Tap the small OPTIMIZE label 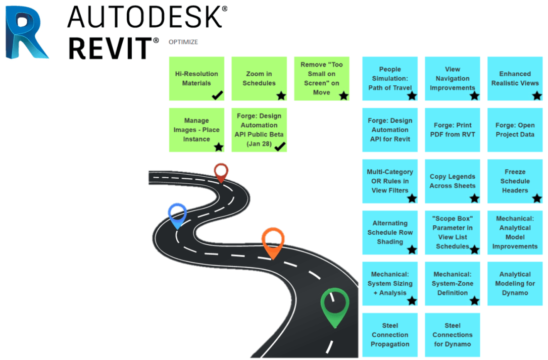click(x=183, y=42)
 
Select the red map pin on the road click(x=221, y=172)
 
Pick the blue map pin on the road click(x=177, y=214)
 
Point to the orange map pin click(x=273, y=241)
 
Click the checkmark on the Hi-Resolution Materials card click(x=218, y=94)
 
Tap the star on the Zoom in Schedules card click(x=281, y=95)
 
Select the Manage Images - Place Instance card click(x=196, y=130)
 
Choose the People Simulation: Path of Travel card click(x=390, y=78)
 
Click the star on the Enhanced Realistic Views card click(x=536, y=95)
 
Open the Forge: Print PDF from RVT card click(x=452, y=130)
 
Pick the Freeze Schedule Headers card click(x=515, y=181)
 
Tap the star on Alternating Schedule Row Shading click(x=412, y=249)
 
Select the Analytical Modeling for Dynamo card click(x=515, y=283)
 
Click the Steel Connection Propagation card click(x=390, y=335)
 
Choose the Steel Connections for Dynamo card click(x=452, y=335)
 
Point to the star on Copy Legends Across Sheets click(x=474, y=198)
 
